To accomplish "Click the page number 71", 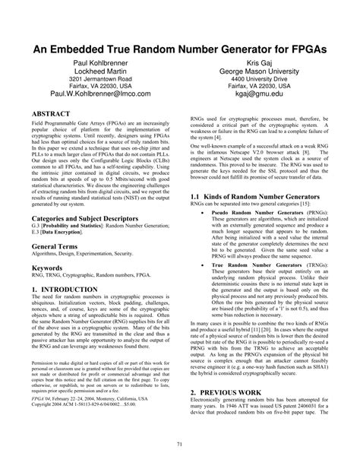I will (x=180, y=444).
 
